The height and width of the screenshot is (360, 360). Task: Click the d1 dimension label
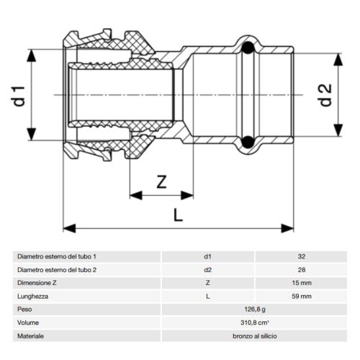pos(21,96)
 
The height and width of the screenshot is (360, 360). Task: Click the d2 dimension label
pos(325,94)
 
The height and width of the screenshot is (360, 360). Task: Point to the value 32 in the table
pos(301,256)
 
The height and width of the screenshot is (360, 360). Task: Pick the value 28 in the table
pos(301,269)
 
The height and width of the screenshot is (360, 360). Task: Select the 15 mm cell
pos(301,283)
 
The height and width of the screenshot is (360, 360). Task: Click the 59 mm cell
pos(301,296)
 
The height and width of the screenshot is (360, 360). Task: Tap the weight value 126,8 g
pos(253,310)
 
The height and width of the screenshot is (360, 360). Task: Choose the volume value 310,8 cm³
pos(253,323)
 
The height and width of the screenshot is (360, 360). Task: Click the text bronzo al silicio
pos(253,336)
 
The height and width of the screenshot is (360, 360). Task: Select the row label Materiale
pos(31,336)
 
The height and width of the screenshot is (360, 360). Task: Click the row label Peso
pos(24,310)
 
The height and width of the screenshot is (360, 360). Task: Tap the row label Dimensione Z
pos(37,283)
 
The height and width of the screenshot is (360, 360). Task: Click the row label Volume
pos(28,323)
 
